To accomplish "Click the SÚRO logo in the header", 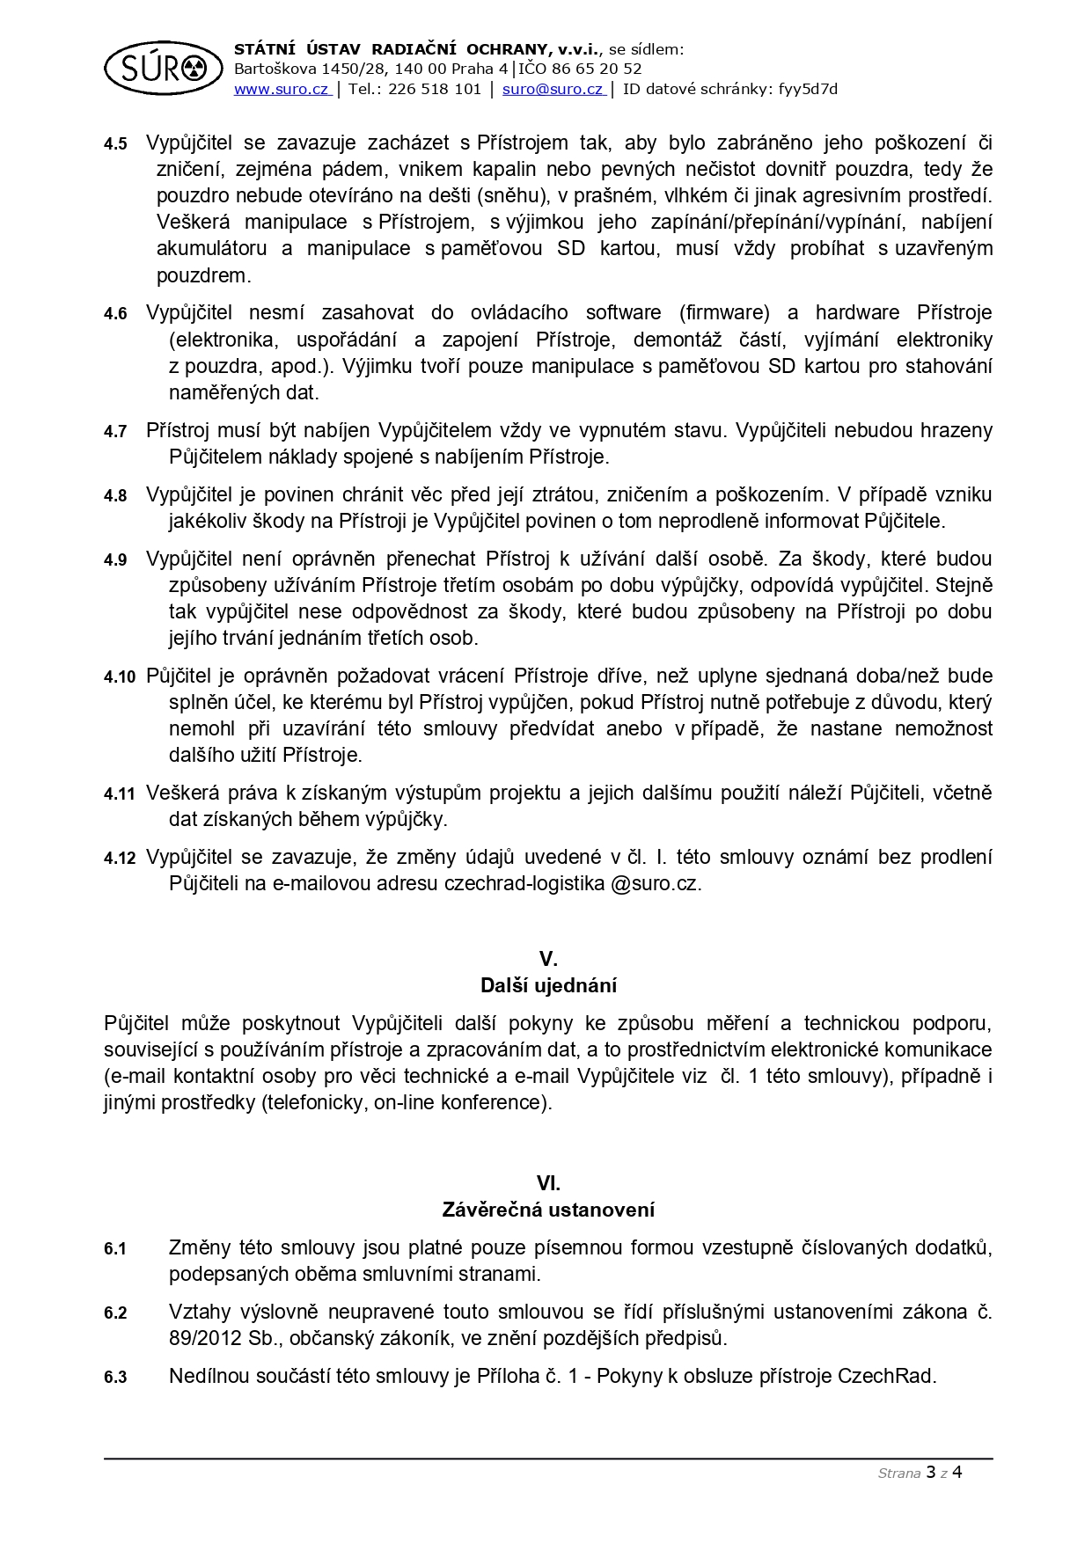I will click(163, 67).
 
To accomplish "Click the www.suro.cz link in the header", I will click(281, 89).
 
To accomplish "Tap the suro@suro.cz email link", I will click(552, 89).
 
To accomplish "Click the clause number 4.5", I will click(115, 144).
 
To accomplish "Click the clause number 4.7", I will click(115, 432).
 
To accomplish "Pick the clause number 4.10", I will click(120, 677).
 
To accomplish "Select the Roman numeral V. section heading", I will click(548, 959).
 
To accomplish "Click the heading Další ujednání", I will click(548, 985).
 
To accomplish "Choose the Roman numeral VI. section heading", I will click(548, 1183).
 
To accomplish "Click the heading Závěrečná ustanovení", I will click(548, 1210).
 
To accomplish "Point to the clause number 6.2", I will click(115, 1313).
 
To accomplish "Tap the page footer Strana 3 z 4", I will click(920, 1473).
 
